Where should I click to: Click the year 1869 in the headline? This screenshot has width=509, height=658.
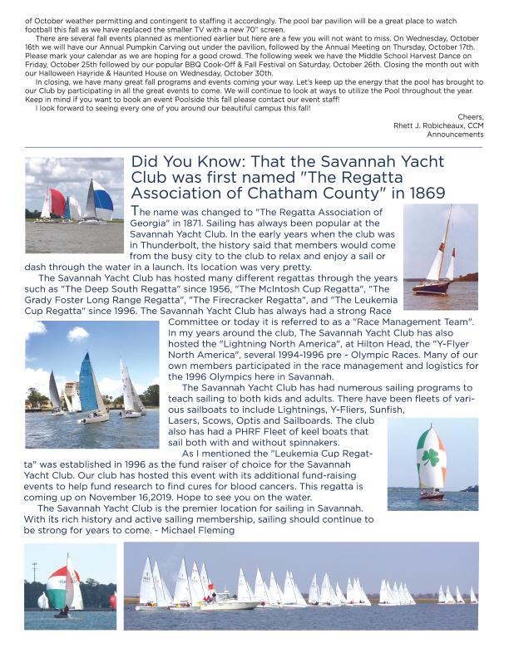tap(423, 192)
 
